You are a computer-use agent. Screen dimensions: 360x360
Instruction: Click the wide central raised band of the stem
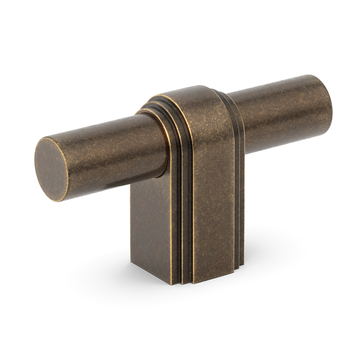213,200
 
